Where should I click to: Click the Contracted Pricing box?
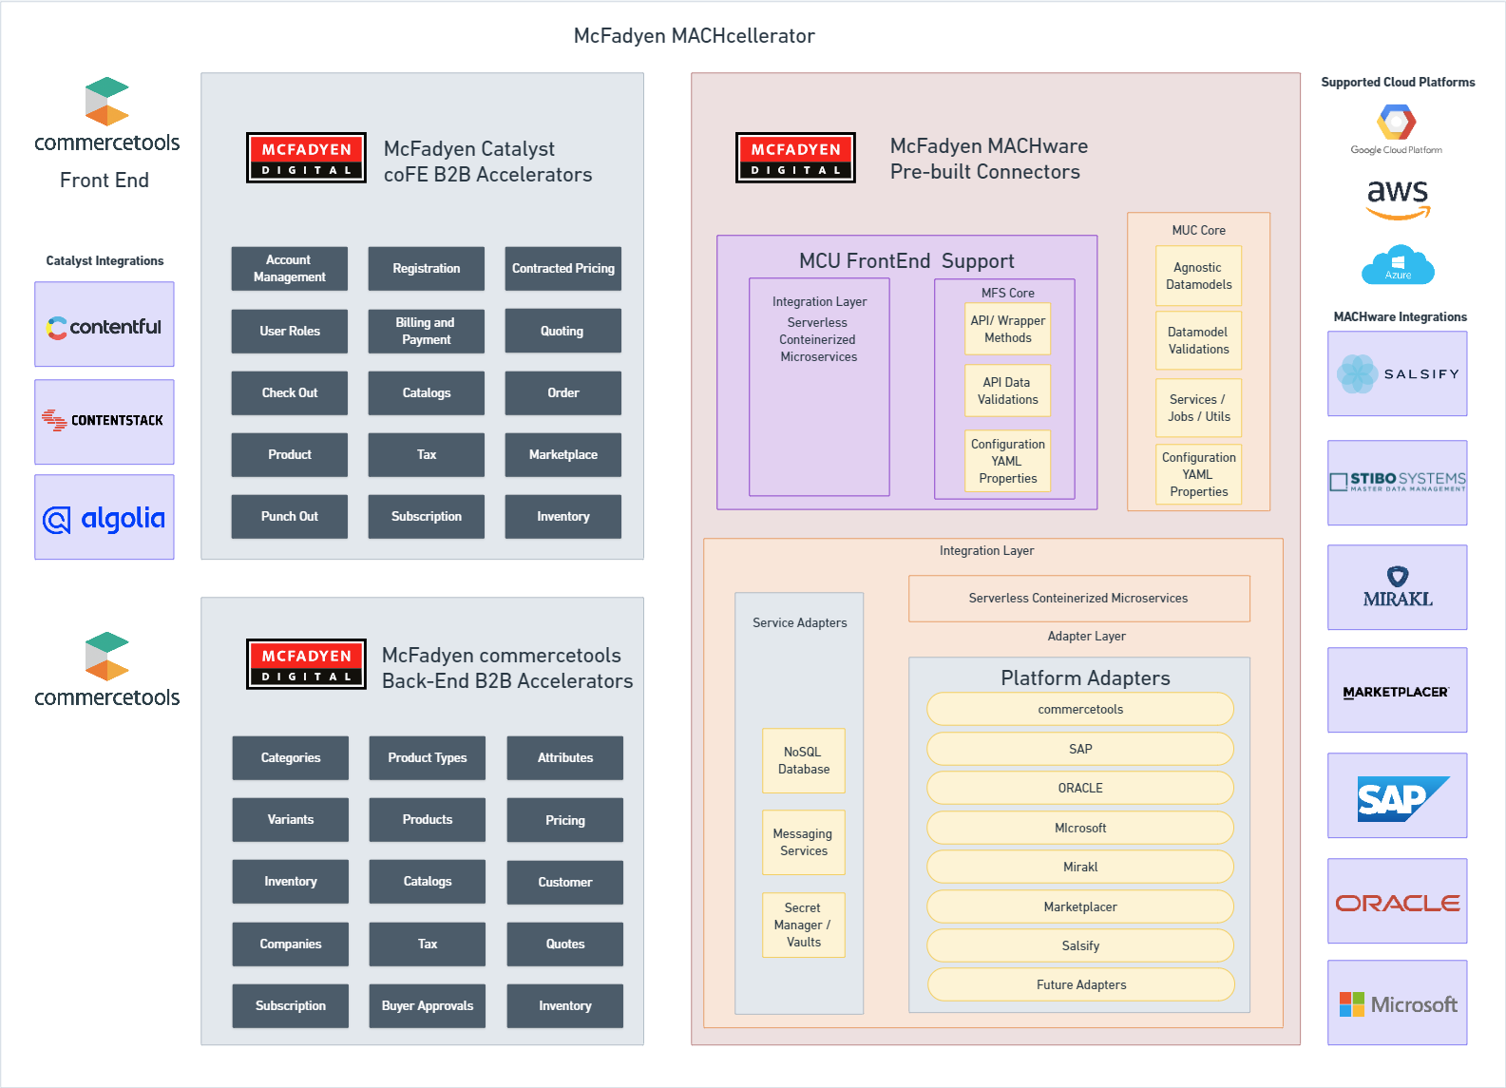coord(562,268)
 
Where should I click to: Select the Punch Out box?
coord(289,516)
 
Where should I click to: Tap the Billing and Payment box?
coord(427,331)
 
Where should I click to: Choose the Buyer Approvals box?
coord(427,1006)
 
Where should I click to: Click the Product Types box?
coord(427,758)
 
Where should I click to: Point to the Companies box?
coord(291,945)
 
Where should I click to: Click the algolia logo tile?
coord(105,517)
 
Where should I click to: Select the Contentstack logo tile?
coord(105,422)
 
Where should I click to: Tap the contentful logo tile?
coord(105,324)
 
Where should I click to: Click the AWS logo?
coord(1398,200)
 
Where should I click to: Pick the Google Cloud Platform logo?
coord(1397,130)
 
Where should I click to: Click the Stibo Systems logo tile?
coord(1397,483)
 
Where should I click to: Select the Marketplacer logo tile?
coord(1397,690)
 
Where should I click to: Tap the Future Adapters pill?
coord(1081,984)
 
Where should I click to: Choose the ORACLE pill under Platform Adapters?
coord(1080,788)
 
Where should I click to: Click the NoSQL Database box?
coord(804,760)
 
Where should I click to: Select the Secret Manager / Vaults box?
coord(804,926)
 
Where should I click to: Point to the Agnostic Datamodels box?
coord(1199,276)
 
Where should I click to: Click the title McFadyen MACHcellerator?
coord(694,36)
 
